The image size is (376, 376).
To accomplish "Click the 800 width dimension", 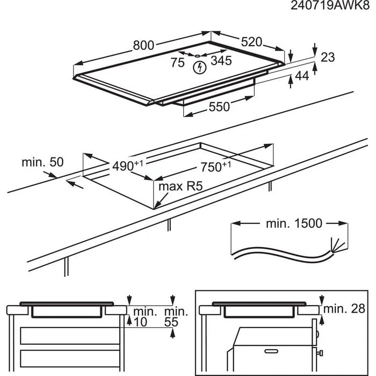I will pos(144,46).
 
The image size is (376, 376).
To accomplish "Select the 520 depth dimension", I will pos(250,42).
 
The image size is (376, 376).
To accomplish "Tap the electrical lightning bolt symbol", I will pos(200,68).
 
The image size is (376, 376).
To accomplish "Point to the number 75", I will pos(177,62).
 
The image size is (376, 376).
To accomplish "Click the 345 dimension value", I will pos(221,61).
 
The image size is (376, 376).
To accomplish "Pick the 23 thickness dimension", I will pos(327,57).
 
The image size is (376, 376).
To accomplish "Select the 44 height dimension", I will pos(302,77).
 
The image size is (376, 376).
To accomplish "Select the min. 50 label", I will pos(43,162).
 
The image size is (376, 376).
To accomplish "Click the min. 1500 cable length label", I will pos(294,223).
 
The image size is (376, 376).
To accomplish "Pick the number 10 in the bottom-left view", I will pos(141,322).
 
